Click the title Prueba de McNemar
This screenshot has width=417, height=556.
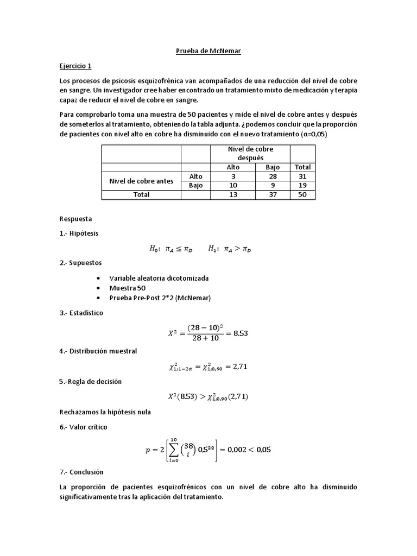pyautogui.click(x=208, y=52)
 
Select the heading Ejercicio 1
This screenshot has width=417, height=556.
pyautogui.click(x=75, y=66)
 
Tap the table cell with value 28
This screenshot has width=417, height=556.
pyautogui.click(x=273, y=176)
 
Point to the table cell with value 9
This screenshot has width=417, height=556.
pyautogui.click(x=273, y=186)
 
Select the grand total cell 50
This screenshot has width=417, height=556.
pyautogui.click(x=302, y=195)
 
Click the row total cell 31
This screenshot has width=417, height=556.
pyautogui.click(x=302, y=176)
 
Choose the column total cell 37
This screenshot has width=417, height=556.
pyautogui.click(x=273, y=195)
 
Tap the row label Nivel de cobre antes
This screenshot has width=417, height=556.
pyautogui.click(x=141, y=181)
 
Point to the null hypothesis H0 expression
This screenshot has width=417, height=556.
pyautogui.click(x=169, y=249)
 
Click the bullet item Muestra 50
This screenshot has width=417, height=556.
pyautogui.click(x=128, y=288)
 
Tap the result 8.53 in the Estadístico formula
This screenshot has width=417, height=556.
pyautogui.click(x=239, y=333)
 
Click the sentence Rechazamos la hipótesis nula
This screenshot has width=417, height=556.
pyautogui.click(x=105, y=412)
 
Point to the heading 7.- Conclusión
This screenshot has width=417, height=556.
pyautogui.click(x=81, y=472)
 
